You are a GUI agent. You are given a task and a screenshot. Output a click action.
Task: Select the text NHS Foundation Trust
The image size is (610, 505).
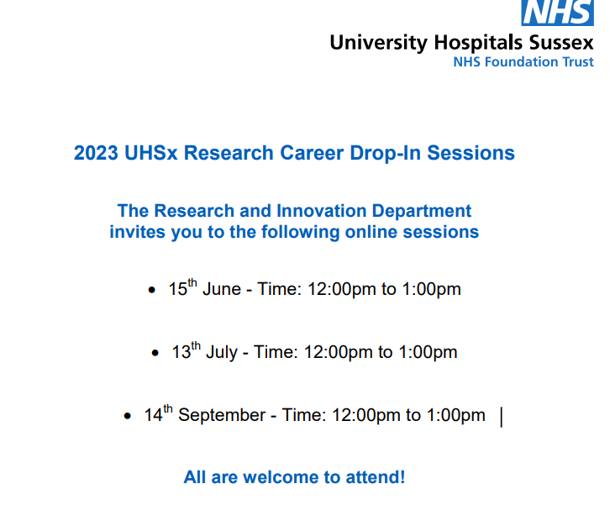pos(523,62)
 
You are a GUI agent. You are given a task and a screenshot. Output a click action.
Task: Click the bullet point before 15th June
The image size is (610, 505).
pos(151,291)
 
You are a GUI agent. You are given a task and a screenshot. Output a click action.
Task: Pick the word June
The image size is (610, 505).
pos(221,290)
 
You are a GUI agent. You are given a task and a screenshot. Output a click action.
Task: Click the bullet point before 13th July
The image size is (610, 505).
pos(155,354)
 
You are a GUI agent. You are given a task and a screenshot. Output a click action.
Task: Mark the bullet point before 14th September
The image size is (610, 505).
pos(127,417)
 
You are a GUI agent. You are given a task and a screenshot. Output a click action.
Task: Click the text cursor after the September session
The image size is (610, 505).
pos(502,416)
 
